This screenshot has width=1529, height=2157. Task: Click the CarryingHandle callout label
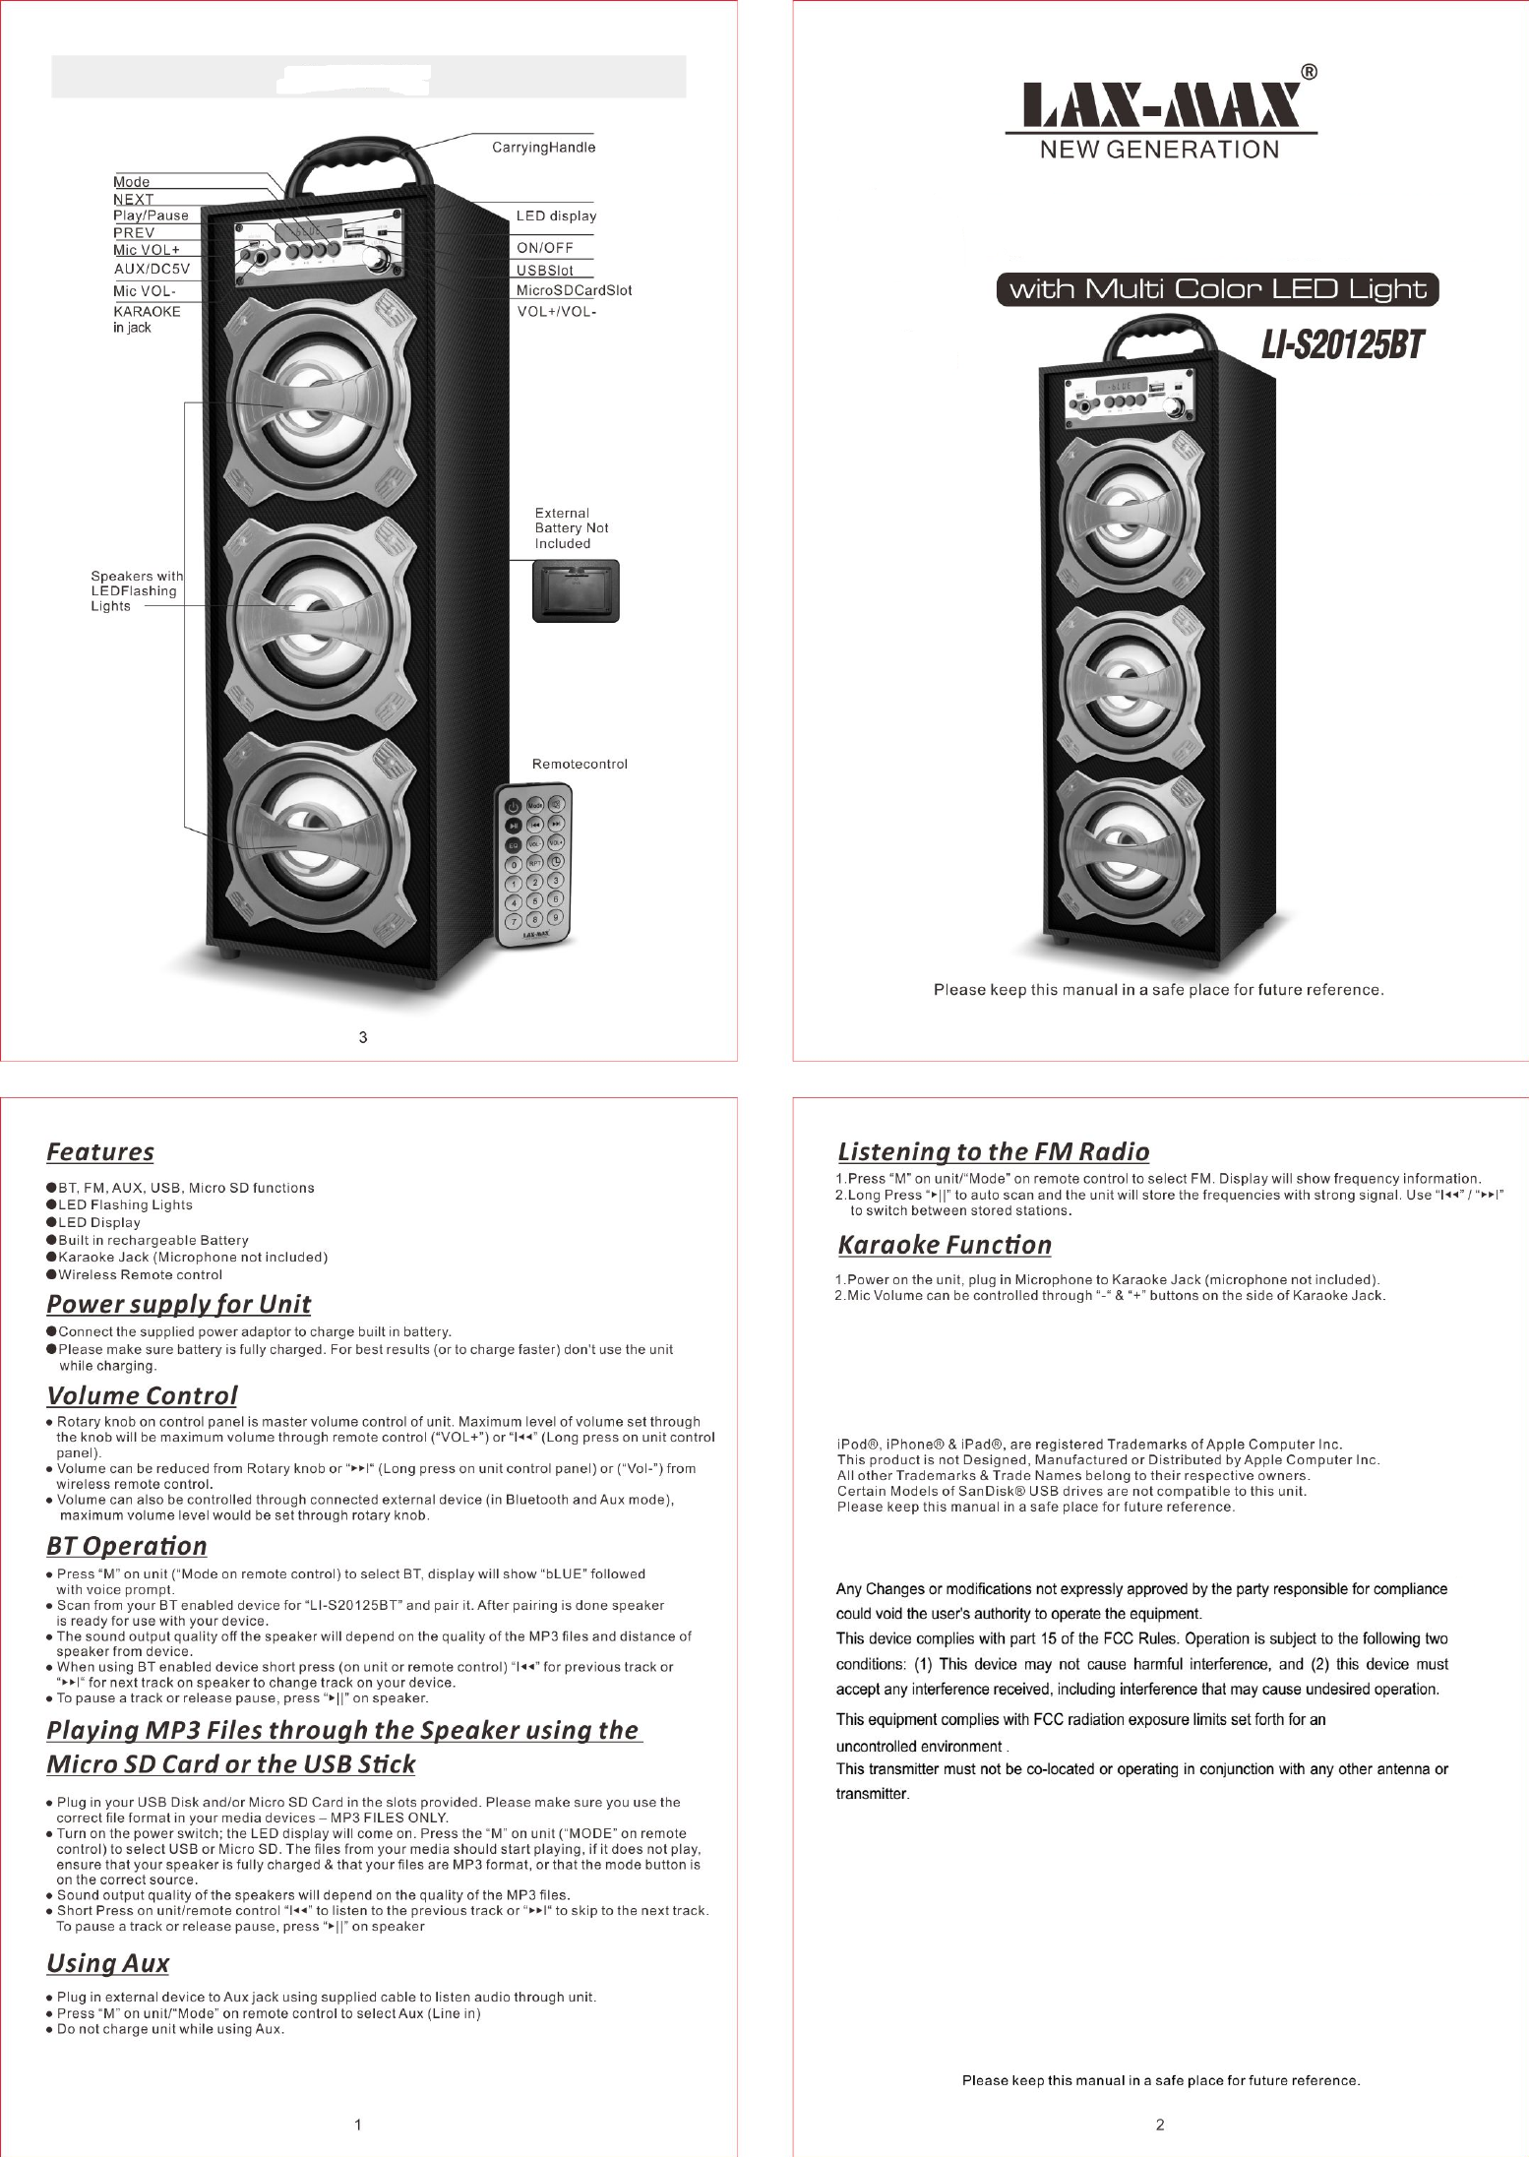[543, 148]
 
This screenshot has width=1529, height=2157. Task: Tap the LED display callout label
[556, 216]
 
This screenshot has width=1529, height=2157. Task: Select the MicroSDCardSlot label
[574, 290]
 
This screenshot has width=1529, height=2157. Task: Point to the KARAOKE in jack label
[147, 319]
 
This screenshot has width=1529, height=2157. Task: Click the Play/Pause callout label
[151, 216]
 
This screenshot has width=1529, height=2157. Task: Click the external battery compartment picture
[576, 590]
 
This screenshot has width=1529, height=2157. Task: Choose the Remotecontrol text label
[580, 764]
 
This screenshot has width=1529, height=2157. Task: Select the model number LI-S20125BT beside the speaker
[1343, 345]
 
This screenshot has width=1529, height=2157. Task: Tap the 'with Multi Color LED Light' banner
[1217, 290]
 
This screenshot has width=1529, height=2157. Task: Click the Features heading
[100, 1151]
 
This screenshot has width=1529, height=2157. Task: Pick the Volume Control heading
[142, 1395]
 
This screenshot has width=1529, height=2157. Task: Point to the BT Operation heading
[127, 1546]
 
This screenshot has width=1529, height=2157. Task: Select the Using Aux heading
[108, 1963]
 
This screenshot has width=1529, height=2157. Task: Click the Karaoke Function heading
[945, 1245]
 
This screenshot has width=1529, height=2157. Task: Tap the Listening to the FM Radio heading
[993, 1151]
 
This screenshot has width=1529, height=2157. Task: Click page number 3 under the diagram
[363, 1037]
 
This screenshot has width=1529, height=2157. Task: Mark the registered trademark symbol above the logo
[1310, 72]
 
